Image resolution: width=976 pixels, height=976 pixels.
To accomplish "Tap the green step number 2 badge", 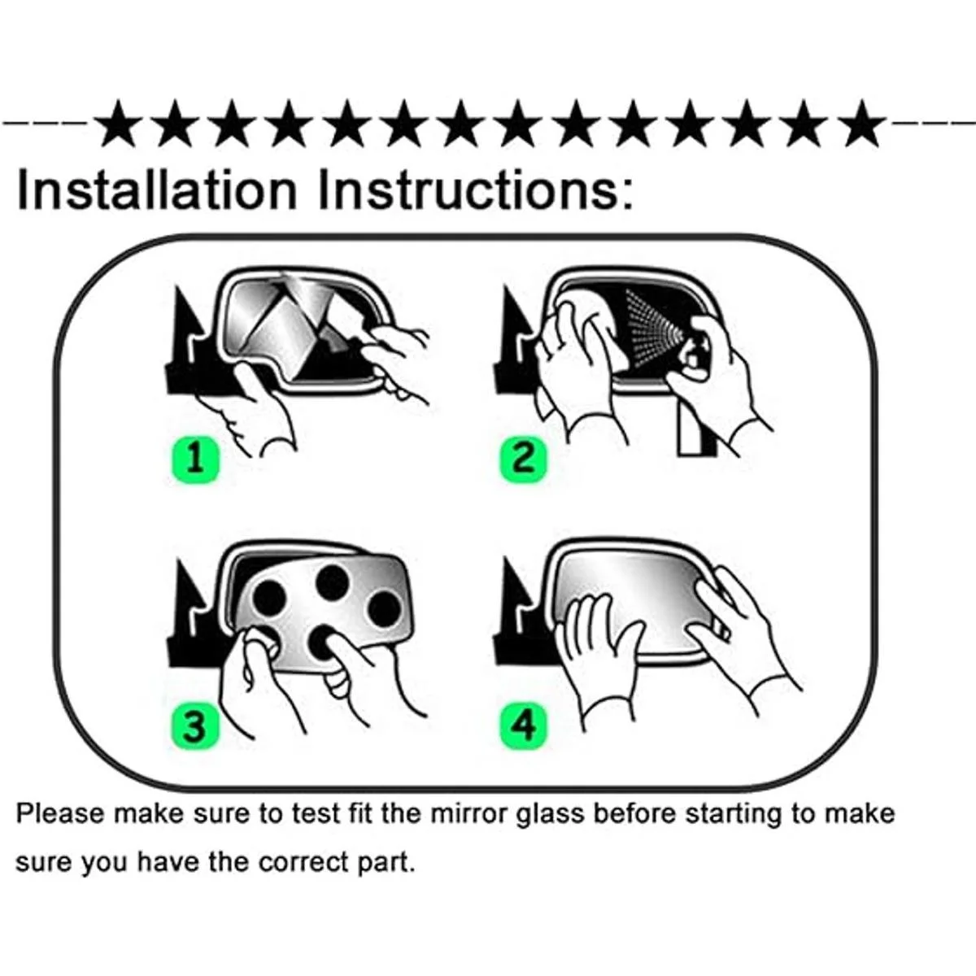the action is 523,460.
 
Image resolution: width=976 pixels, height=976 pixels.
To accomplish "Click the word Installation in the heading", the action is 156,190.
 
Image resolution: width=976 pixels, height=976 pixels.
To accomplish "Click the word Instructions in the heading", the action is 476,190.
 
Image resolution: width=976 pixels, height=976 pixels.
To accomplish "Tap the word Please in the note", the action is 61,814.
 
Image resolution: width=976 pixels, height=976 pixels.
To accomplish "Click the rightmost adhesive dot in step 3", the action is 385,608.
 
